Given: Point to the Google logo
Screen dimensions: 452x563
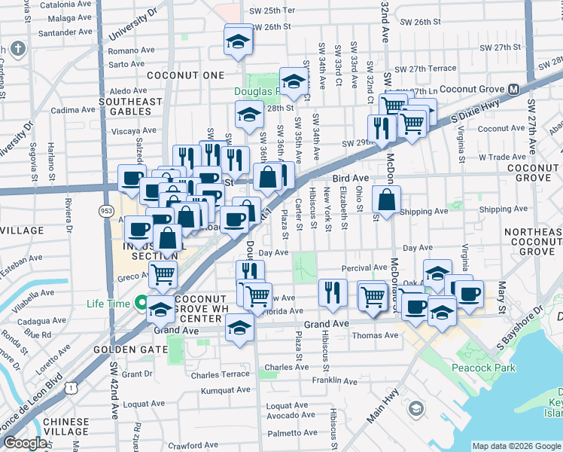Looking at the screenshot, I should click(x=25, y=442).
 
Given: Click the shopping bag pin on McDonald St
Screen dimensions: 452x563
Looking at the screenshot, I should click(x=386, y=200).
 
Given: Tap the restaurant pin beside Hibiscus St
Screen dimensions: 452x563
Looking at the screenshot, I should click(x=332, y=292).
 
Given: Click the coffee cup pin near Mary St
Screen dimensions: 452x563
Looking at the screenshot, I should click(x=468, y=294).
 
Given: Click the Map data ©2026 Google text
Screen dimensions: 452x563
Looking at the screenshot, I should click(x=516, y=446).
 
